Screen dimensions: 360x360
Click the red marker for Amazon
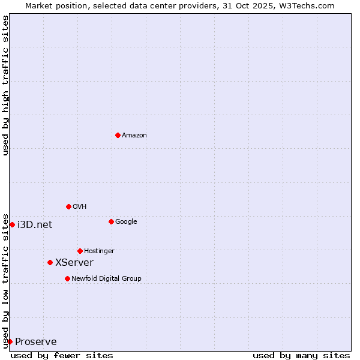point(118,135)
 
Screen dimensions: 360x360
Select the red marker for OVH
point(68,206)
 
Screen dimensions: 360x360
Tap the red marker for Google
point(111,221)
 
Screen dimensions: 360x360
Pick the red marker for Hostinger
point(80,251)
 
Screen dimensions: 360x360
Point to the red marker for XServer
point(50,262)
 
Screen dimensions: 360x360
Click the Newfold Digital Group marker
point(67,278)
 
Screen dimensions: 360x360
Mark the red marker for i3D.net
point(12,224)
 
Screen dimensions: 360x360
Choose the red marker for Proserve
point(10,341)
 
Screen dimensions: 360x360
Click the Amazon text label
point(134,135)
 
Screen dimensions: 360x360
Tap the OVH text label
point(80,206)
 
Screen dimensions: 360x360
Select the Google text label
point(126,221)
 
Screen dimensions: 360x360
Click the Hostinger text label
point(99,251)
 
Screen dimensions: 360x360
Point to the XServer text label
point(74,262)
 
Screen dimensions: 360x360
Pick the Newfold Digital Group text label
point(106,278)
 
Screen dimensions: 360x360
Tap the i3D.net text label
point(35,224)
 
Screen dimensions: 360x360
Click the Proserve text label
point(36,341)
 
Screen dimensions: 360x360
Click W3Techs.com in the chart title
point(310,5)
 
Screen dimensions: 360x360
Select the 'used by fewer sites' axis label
point(62,355)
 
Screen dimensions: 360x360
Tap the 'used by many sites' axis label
point(301,355)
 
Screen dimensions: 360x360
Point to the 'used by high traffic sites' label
point(5,85)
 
